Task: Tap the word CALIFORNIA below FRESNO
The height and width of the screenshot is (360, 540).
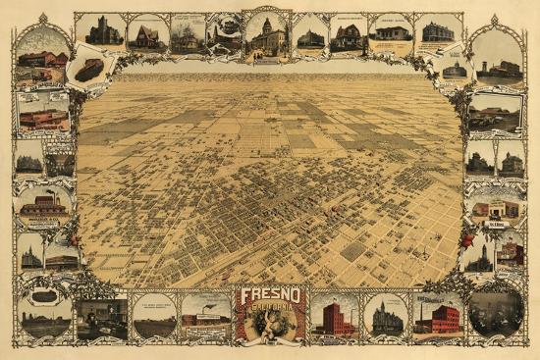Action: [x=270, y=310]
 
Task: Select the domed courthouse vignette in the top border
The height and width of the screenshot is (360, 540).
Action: [x=267, y=34]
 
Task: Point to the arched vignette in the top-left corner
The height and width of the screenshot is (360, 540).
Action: [x=42, y=57]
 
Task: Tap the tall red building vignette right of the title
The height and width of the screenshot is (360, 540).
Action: [x=334, y=316]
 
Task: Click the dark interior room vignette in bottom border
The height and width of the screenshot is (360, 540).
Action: [x=101, y=317]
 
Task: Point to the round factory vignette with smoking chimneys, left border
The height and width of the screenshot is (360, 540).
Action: [x=42, y=204]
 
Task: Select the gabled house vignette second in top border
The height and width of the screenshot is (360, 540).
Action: [x=147, y=34]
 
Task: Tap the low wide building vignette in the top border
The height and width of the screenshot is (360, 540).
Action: [x=391, y=34]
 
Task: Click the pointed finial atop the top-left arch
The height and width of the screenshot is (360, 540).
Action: [x=42, y=17]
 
